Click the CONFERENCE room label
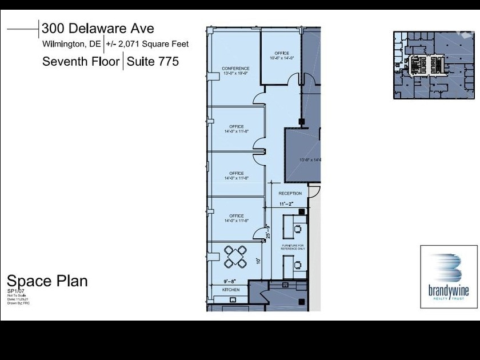(x=235, y=69)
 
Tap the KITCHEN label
(x=230, y=290)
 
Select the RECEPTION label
(x=290, y=194)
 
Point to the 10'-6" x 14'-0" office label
(x=281, y=58)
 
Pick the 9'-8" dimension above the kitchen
(x=229, y=282)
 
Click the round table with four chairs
(x=235, y=256)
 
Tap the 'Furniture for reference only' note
(x=293, y=247)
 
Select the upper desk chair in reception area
(x=297, y=229)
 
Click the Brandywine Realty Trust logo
(x=449, y=277)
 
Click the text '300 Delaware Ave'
(x=98, y=28)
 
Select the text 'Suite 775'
(x=153, y=61)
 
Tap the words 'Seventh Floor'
(x=81, y=61)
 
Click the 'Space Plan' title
(x=47, y=281)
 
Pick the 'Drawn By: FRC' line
(x=18, y=303)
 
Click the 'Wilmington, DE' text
(x=71, y=44)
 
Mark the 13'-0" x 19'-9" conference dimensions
(x=235, y=74)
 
